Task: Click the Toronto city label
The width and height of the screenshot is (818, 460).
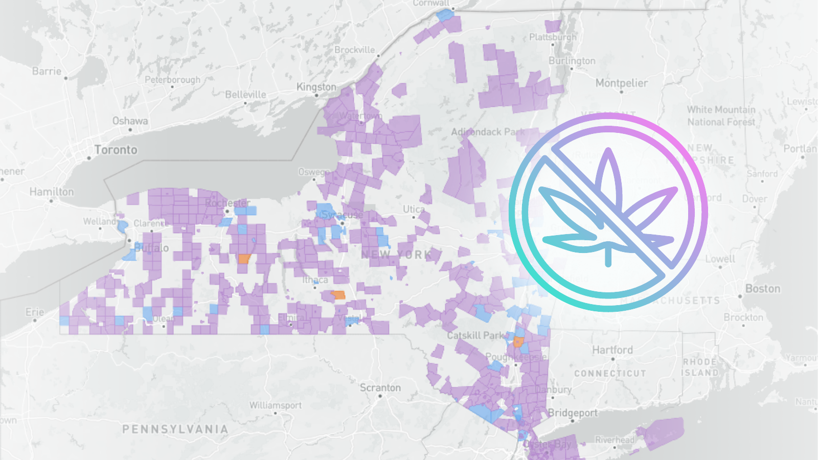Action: point(116,150)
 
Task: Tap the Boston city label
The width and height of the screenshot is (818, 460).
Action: point(763,289)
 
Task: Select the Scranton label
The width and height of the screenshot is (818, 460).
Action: point(380,388)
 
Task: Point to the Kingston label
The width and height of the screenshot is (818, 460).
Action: point(316,87)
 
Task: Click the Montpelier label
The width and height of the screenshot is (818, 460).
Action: point(621,83)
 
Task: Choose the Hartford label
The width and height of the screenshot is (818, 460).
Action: point(612,350)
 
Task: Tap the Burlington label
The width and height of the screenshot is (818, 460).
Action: point(572,61)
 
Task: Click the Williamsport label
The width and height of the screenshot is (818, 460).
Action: point(276,405)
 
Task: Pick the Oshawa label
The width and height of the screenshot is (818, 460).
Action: point(130,121)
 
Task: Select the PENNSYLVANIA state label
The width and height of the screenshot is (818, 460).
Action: point(175,429)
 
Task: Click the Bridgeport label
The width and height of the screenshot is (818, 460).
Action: point(573,412)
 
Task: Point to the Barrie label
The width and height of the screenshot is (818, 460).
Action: point(47,71)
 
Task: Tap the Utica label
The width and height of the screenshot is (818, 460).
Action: point(414,209)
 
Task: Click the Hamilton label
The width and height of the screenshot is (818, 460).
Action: point(52,192)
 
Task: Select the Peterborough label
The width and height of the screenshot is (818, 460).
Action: point(172,80)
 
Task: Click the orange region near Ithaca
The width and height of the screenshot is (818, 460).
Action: point(338,295)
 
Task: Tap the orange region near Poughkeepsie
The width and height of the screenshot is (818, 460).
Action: point(518,342)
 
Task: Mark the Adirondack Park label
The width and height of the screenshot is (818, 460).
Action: point(488,132)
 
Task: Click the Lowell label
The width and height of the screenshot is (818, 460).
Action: point(720,259)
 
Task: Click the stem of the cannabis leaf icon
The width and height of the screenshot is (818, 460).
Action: point(608,256)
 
